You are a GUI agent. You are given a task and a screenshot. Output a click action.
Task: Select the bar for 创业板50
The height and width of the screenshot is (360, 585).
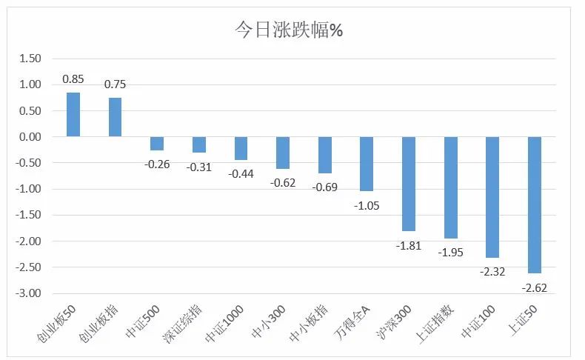[73, 115]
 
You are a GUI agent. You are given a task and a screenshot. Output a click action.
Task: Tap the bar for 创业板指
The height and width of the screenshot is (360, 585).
[115, 117]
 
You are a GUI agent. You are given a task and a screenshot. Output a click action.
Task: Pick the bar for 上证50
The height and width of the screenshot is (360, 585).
[535, 205]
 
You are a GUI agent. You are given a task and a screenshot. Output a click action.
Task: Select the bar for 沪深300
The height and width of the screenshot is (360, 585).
[409, 184]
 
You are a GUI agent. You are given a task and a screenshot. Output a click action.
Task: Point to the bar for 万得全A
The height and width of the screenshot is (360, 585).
[367, 164]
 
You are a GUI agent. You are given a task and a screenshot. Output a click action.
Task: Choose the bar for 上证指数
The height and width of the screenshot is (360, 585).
[450, 187]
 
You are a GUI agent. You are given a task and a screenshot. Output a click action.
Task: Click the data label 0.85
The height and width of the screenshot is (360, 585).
[73, 79]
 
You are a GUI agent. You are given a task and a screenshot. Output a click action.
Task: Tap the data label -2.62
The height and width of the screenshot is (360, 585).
[534, 287]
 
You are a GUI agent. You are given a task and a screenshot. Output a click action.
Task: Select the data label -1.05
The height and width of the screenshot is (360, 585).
[366, 205]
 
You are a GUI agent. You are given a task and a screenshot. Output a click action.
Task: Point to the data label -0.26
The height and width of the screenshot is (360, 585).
[156, 164]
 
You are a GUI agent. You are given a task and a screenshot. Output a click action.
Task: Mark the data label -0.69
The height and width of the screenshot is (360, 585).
[324, 187]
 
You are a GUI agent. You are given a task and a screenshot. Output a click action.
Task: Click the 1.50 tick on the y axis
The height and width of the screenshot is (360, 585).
[30, 59]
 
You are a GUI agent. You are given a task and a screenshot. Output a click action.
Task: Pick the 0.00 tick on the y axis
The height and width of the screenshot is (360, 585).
[30, 137]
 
